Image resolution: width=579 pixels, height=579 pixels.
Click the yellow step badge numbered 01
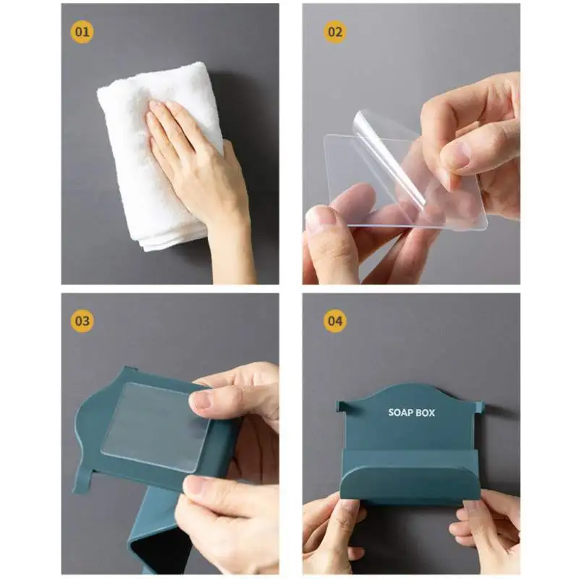pos(82,32)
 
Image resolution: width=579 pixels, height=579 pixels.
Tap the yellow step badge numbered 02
pos(335,32)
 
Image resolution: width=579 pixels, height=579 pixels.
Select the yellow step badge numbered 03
pos(82,321)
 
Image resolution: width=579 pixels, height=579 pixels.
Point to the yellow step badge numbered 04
pos(335,321)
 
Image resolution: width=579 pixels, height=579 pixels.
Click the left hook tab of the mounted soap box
pos(342,406)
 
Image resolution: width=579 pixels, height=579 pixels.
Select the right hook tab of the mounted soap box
pos(479,407)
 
